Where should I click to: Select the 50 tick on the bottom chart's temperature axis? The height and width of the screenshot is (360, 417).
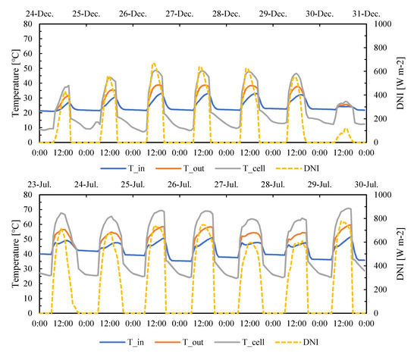coord(30,239)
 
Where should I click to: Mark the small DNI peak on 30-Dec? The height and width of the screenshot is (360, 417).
coord(346,128)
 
